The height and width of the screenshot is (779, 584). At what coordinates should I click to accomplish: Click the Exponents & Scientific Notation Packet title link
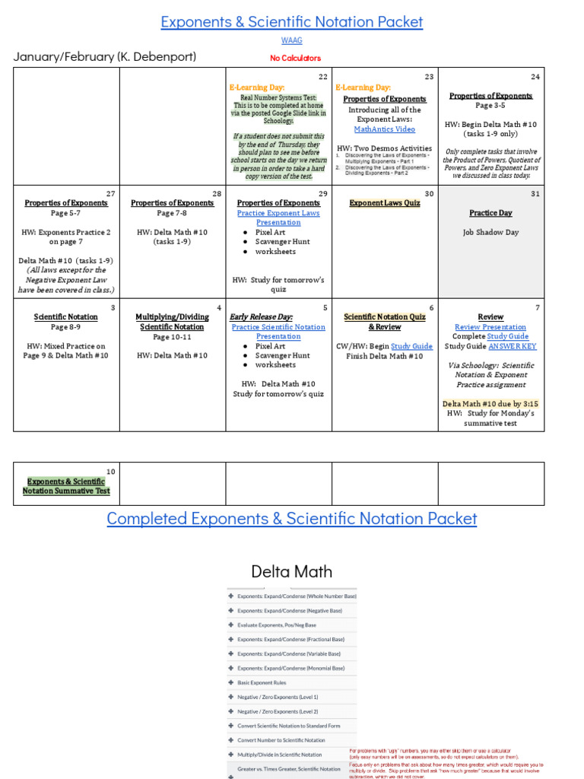(x=291, y=22)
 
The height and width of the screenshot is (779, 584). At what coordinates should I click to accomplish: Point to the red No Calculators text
(x=295, y=58)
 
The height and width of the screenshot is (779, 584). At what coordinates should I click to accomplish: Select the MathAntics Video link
(x=384, y=129)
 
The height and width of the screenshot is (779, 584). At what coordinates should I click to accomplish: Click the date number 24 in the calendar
(x=535, y=77)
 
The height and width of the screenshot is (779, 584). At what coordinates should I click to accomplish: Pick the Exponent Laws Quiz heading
(x=384, y=203)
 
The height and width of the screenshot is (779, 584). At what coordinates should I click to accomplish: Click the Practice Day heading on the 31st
(x=490, y=213)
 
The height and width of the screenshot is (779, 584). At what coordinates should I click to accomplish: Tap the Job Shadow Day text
(x=490, y=232)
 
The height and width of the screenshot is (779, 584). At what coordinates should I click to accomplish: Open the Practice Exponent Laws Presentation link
(x=278, y=218)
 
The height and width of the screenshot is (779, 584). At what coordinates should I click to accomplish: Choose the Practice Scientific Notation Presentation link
(x=278, y=332)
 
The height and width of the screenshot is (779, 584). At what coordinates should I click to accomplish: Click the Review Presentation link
(x=490, y=327)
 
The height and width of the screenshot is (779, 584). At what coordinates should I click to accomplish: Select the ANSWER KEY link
(x=512, y=346)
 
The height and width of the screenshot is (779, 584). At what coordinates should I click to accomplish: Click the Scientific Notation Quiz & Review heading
(x=384, y=322)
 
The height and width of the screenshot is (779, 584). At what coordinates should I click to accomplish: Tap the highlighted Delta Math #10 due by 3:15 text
(x=490, y=403)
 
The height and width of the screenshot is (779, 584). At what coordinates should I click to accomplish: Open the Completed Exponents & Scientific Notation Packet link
(x=291, y=519)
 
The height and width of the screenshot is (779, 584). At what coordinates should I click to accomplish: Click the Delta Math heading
(x=291, y=571)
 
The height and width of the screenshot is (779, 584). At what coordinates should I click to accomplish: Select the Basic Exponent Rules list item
(x=262, y=682)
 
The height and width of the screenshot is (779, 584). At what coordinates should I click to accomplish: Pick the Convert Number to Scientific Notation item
(x=281, y=740)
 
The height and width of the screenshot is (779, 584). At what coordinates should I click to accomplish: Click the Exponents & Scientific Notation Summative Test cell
(x=66, y=486)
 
